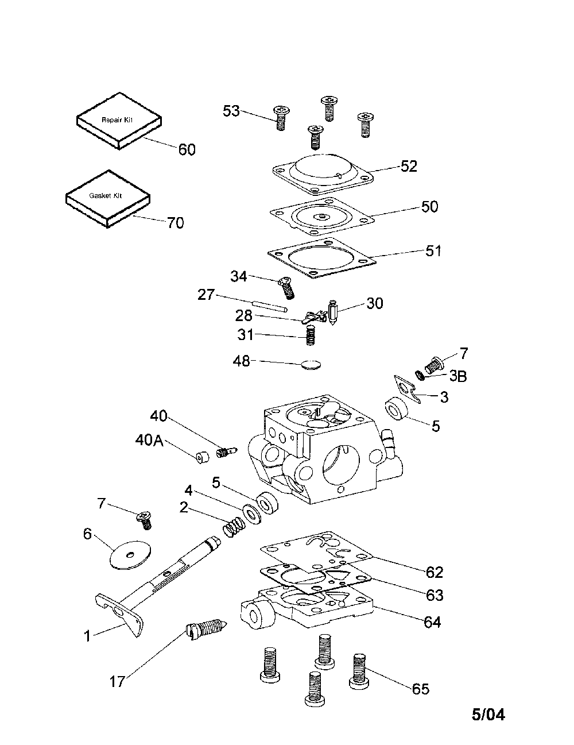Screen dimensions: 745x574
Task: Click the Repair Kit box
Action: coord(119,122)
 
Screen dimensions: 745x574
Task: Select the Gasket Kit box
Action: coord(107,198)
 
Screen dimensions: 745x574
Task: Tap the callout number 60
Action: coord(187,150)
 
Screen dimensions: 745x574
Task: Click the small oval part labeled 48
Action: coord(312,364)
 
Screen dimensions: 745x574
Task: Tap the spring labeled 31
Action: coord(311,335)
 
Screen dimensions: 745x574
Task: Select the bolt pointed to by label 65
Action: coord(358,670)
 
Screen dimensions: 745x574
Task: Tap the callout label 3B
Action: coord(457,376)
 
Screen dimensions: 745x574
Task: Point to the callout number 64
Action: coord(432,622)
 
